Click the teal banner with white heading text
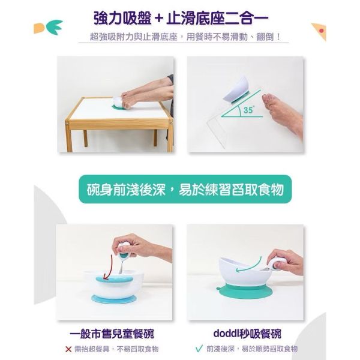(x=181, y=191)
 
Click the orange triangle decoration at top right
(x=318, y=30)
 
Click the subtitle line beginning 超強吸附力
(x=181, y=37)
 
